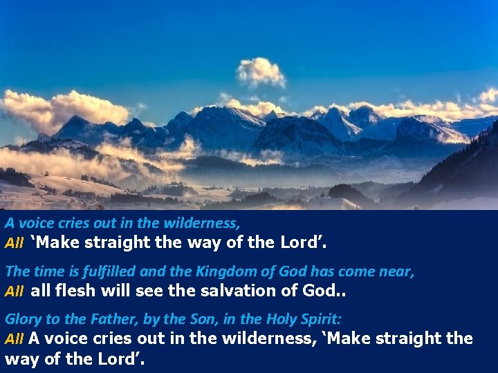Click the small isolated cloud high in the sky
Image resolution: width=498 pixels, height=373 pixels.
click(261, 71)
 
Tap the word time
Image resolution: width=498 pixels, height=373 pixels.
click(41, 271)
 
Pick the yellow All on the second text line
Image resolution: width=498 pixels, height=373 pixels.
click(14, 244)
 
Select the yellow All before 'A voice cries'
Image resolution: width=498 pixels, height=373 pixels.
click(14, 340)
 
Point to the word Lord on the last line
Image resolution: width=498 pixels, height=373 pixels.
click(120, 358)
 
